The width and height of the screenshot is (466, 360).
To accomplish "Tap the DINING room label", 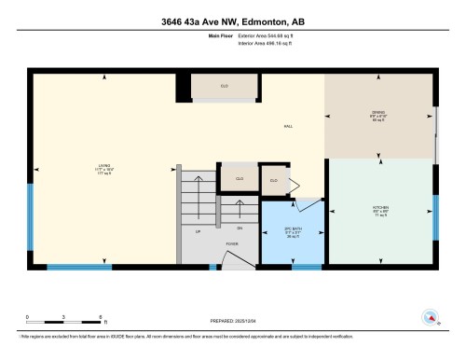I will click(x=378, y=116).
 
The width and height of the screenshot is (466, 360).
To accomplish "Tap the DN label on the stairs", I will click(x=240, y=228).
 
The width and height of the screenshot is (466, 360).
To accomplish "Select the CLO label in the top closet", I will click(x=224, y=86).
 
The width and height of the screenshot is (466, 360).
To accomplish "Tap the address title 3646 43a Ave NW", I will click(x=232, y=25).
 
